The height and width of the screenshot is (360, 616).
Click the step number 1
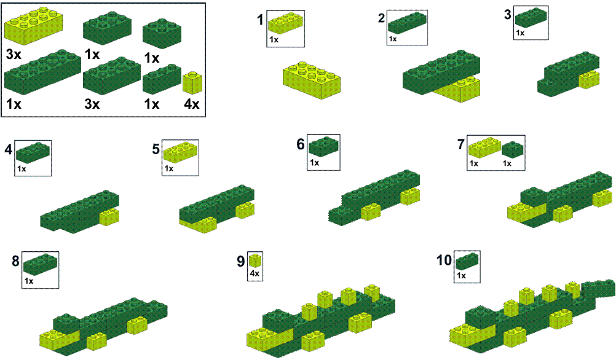tap(260, 20)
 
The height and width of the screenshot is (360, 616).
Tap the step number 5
tap(156, 149)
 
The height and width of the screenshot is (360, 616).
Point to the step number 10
tap(444, 260)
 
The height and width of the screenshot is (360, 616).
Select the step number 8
tap(16, 261)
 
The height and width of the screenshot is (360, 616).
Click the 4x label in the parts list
tap(192, 104)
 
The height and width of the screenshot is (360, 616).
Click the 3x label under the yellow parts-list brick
tap(14, 54)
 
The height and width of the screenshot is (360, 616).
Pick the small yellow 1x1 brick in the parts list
tap(192, 83)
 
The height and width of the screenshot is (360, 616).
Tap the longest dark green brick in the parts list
tap(42, 72)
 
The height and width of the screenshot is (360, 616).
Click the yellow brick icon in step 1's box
tap(286, 23)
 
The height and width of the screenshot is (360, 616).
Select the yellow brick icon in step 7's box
tap(484, 147)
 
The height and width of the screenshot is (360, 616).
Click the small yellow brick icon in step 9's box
tap(255, 260)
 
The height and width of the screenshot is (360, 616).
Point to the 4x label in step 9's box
tap(255, 273)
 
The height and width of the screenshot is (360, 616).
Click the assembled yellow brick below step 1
tap(312, 80)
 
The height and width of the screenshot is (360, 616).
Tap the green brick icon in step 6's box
tap(323, 146)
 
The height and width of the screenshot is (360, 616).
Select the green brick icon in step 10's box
tap(467, 261)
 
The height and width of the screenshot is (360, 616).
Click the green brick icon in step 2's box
tap(407, 23)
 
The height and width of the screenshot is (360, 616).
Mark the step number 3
tap(508, 15)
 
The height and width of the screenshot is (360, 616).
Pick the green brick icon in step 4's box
tap(33, 152)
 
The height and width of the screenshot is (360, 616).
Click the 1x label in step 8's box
tap(29, 281)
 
